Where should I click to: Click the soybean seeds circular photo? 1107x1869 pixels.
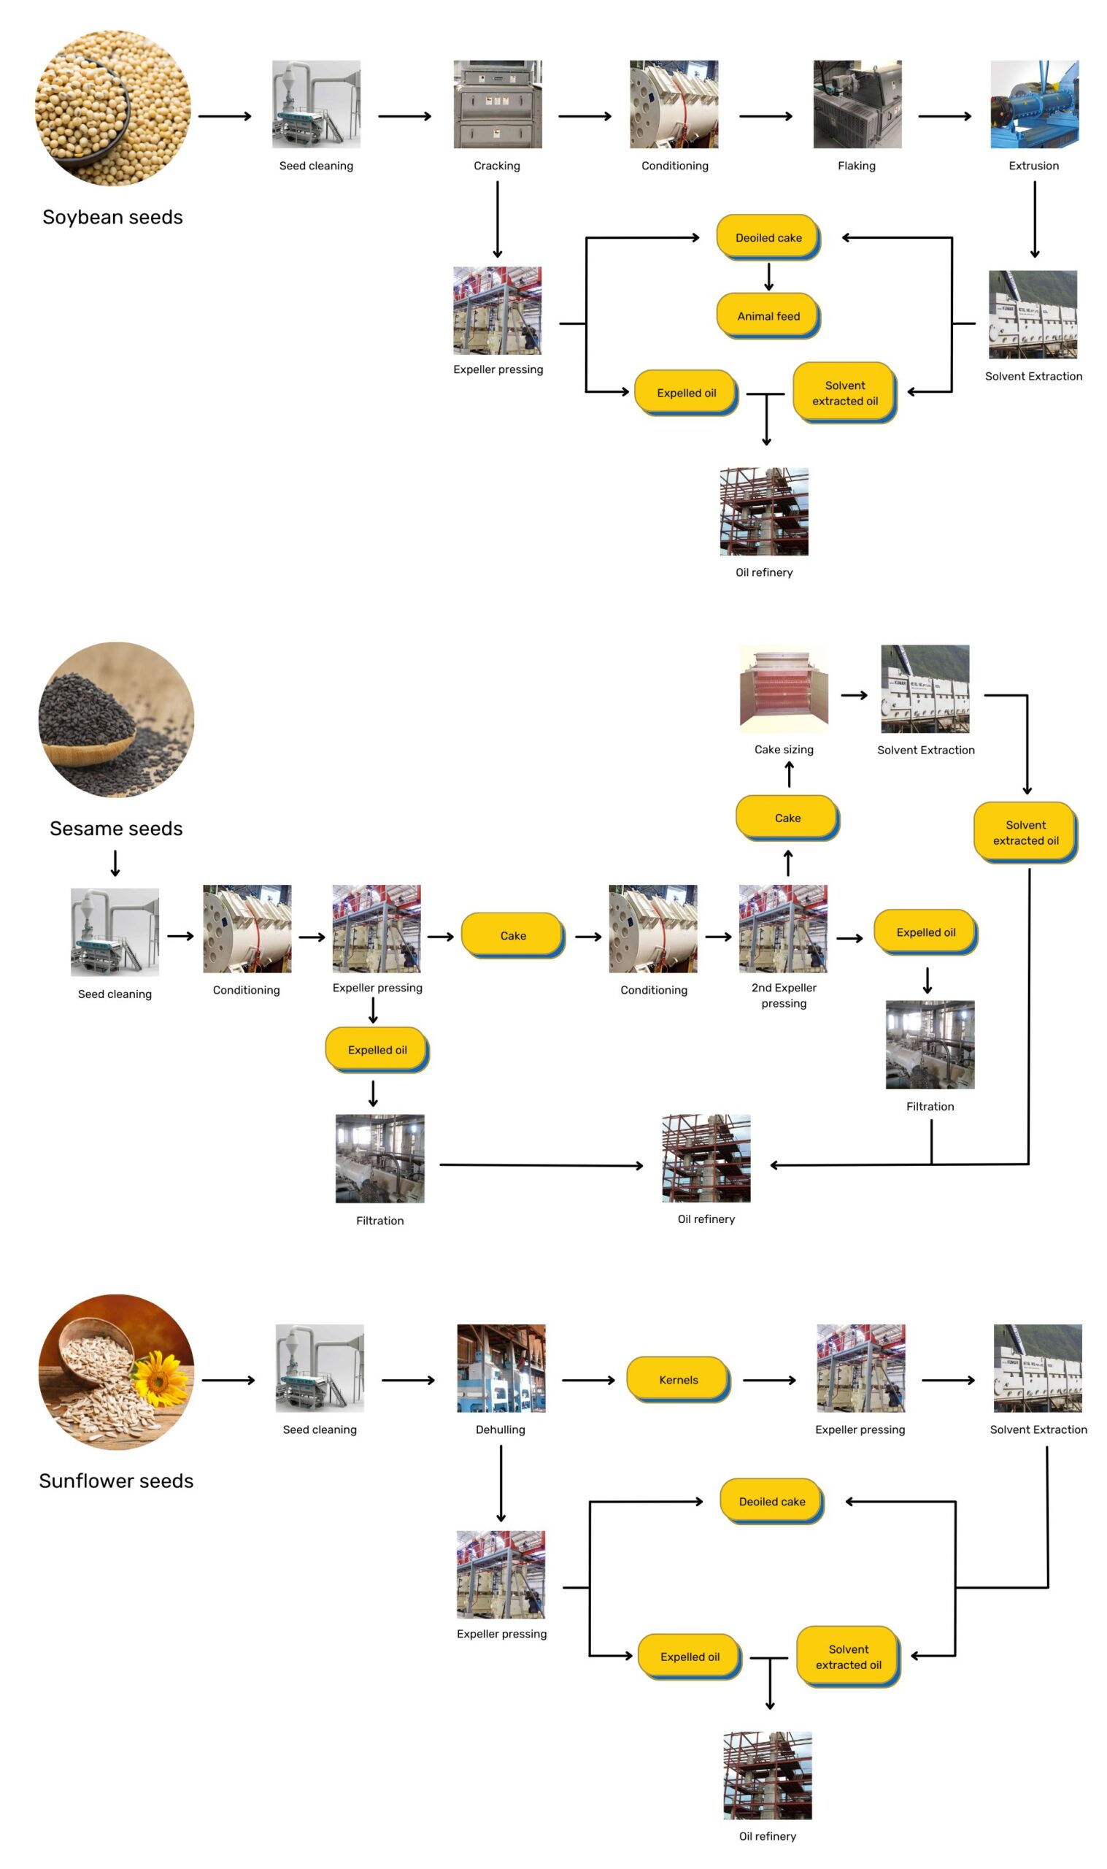[x=112, y=108]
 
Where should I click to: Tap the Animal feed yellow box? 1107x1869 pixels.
[x=768, y=315]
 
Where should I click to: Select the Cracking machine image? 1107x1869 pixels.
[x=498, y=104]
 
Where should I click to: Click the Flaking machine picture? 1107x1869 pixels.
[x=857, y=104]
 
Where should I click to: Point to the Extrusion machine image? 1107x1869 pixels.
[x=1034, y=104]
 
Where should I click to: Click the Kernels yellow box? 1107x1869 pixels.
[x=677, y=1379]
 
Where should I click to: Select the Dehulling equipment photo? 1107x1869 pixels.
[x=501, y=1367]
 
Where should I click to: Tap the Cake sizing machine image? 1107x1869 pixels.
[x=783, y=688]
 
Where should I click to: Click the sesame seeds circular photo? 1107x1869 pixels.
[x=116, y=719]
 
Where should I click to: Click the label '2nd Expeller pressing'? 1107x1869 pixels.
[x=783, y=994]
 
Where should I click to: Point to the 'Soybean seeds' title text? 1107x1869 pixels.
[x=112, y=217]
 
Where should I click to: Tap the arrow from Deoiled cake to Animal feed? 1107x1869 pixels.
[x=768, y=276]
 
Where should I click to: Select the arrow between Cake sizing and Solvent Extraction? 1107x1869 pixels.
[x=854, y=694]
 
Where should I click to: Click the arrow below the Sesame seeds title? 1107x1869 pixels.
[x=115, y=862]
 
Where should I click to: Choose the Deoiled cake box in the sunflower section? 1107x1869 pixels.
[x=771, y=1501]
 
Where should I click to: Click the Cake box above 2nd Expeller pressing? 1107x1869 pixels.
[x=787, y=817]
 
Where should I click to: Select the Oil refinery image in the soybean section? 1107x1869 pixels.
[x=764, y=511]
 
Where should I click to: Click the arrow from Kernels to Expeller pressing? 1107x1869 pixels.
[x=769, y=1380]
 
